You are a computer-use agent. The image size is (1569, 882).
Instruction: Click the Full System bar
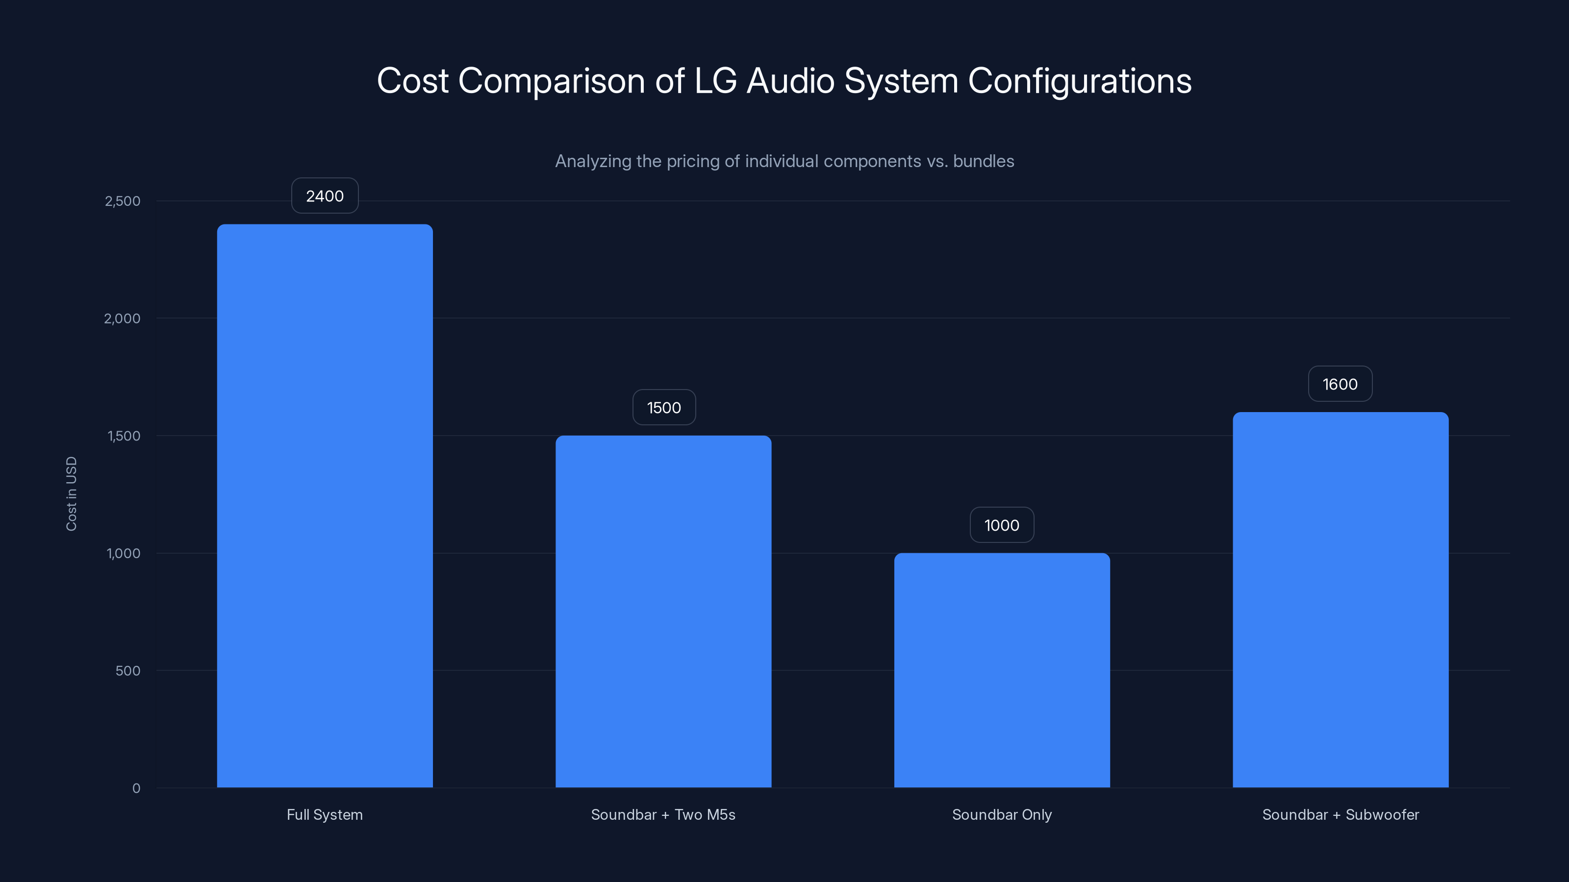325,505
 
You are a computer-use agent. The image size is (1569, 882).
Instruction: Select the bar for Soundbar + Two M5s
663,611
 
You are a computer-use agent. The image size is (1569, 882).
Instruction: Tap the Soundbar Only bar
1002,669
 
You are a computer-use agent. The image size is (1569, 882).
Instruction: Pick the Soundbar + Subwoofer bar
1341,600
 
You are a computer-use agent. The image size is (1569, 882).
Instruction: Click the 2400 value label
325,196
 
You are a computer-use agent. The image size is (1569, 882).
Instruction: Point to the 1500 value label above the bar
664,408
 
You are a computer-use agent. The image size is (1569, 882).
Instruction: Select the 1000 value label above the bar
1002,525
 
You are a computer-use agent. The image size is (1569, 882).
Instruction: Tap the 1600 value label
1340,384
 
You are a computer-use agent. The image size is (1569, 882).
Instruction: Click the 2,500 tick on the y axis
123,201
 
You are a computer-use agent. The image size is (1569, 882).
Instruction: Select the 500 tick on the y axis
128,671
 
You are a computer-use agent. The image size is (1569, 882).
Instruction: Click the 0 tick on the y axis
136,788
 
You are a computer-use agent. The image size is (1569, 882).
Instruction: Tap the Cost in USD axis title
71,493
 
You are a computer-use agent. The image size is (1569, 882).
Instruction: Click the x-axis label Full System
325,814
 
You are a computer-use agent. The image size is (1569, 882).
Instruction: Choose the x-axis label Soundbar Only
1002,814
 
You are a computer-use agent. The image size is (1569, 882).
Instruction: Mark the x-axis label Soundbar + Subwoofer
1341,814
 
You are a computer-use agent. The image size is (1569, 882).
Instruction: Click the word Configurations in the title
1079,81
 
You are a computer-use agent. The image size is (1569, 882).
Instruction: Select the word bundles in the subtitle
984,161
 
